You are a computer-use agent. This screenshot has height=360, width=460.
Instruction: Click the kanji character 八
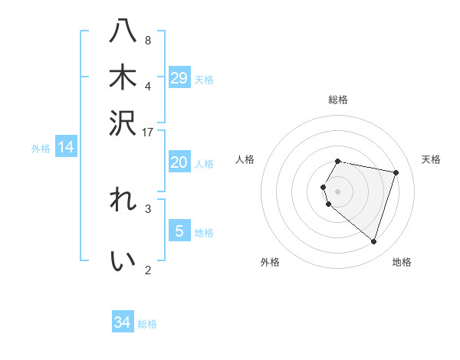point(123,32)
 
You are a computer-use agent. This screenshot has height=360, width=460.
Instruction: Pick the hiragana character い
point(123,261)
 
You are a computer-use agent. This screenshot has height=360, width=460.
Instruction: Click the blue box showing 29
point(179,78)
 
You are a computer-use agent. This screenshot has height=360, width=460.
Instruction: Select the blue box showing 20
point(179,162)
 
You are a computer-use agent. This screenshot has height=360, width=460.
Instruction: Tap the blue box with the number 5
point(179,231)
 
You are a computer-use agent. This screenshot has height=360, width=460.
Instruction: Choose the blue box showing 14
point(66,148)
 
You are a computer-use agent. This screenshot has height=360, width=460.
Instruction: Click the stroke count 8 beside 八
point(148,41)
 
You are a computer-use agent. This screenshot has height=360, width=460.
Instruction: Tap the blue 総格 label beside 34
point(147,324)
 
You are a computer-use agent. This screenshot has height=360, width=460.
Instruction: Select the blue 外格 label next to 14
point(41,149)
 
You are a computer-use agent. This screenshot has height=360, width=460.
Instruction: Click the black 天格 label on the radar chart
point(431,159)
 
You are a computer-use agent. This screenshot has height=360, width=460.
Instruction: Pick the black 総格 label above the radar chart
point(338,100)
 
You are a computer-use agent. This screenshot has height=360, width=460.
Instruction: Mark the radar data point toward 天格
point(396,173)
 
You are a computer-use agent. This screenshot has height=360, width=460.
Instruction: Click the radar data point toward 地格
point(373,242)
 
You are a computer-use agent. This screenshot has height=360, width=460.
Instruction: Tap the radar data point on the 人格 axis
point(323,187)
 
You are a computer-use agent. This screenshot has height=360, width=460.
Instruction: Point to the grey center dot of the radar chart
point(338,191)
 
